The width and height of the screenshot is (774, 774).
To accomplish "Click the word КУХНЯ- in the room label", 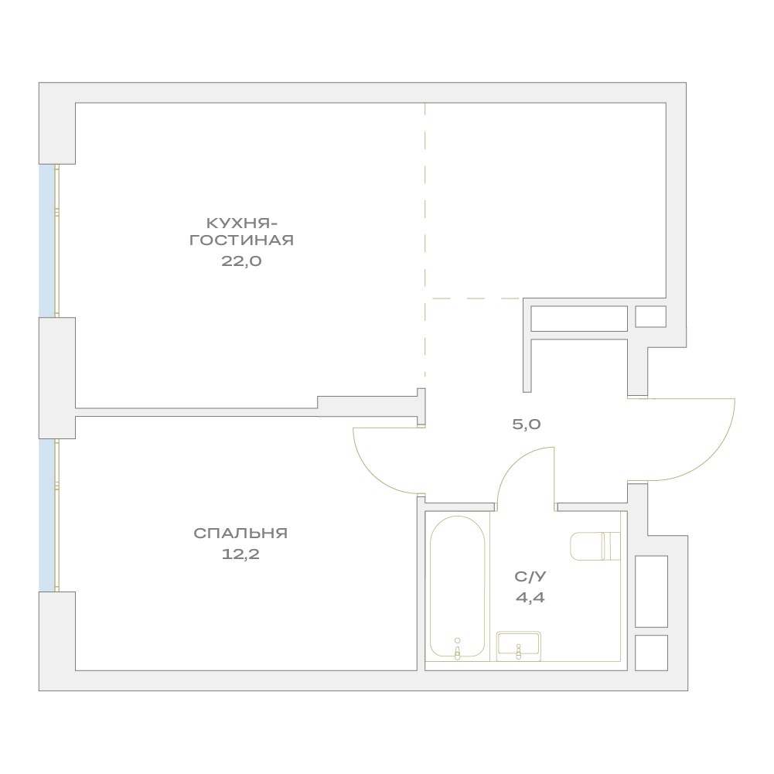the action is click(241, 223).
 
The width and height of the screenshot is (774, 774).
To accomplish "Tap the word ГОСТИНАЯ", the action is click(241, 240).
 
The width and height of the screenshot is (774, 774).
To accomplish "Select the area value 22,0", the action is click(241, 261).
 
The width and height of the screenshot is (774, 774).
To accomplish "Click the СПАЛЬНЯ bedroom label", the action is click(240, 533).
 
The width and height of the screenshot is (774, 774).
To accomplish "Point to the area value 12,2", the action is click(240, 554).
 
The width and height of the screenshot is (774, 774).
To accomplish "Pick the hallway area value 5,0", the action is click(527, 425).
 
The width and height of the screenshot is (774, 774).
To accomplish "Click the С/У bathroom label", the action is click(530, 577).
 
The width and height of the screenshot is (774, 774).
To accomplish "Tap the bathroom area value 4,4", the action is click(530, 598).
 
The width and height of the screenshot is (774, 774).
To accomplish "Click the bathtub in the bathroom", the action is click(458, 586).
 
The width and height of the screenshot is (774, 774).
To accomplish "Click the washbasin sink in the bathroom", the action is click(518, 646).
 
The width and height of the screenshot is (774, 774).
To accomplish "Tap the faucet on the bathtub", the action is click(458, 650).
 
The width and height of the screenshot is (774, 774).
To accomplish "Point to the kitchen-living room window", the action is click(49, 241).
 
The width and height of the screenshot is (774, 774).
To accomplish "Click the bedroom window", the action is click(49, 515).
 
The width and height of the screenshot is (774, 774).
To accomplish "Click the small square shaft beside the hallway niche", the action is click(650, 316).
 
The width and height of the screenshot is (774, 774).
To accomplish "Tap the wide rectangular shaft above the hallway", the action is click(579, 319).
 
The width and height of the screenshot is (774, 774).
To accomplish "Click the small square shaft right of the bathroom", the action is click(651, 653).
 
